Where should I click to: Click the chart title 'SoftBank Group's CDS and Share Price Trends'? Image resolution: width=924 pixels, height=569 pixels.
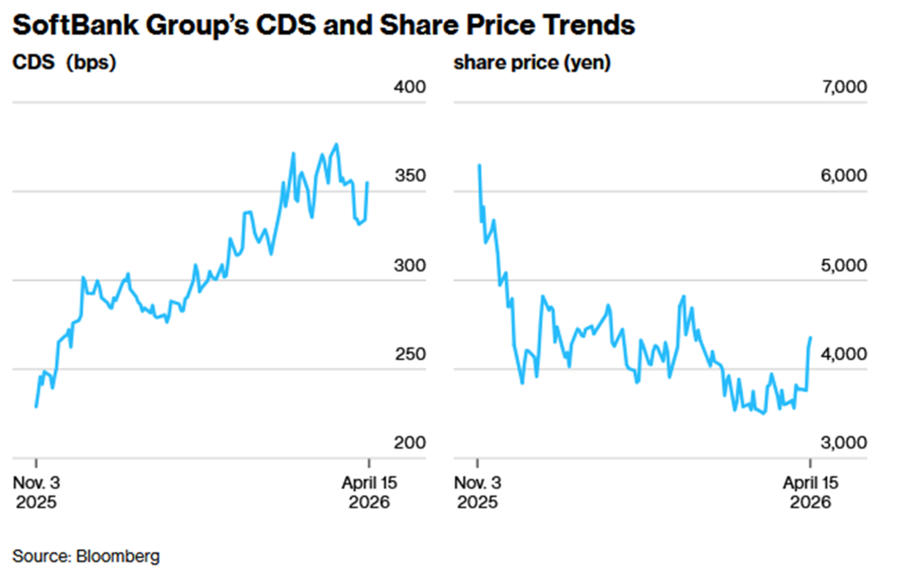323,25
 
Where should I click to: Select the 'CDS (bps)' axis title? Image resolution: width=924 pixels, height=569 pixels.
63,62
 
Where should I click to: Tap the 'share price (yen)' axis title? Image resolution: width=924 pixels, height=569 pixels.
532,62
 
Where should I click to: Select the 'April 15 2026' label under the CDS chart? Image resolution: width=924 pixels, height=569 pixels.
369,492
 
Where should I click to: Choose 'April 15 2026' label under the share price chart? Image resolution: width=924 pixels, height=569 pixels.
810,492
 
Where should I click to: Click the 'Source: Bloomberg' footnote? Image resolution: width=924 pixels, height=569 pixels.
86,555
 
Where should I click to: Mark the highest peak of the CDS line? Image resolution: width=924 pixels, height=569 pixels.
336,145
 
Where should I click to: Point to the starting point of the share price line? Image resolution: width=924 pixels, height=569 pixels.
478,165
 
